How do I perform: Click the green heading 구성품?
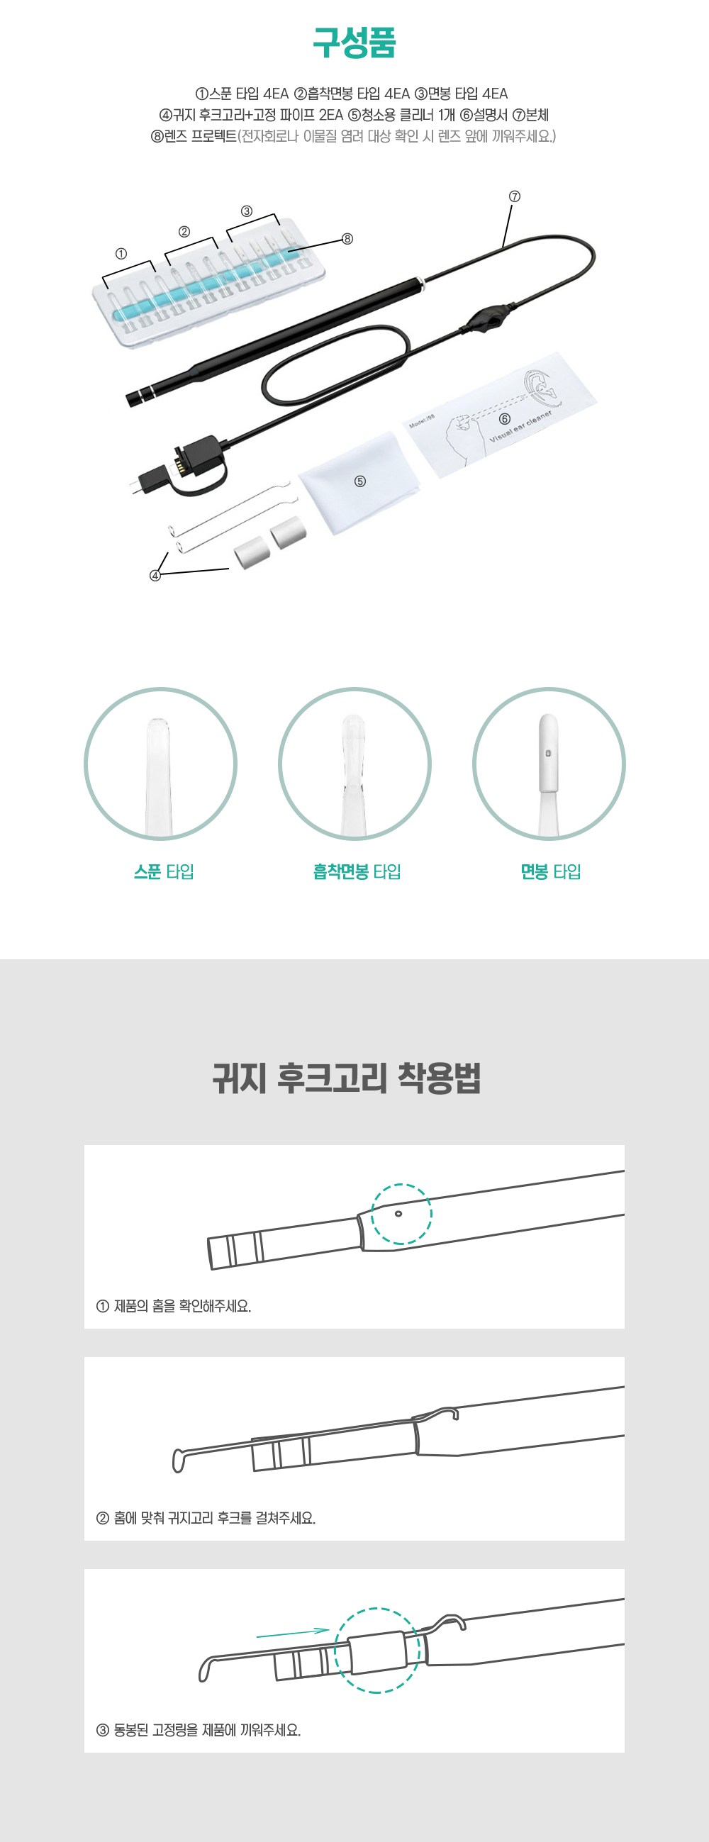tap(354, 43)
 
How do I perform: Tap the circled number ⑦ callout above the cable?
tap(515, 196)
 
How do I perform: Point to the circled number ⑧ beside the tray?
tap(347, 239)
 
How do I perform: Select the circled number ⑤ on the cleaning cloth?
tap(360, 481)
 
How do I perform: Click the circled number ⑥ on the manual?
tap(505, 419)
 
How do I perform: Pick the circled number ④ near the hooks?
tap(155, 576)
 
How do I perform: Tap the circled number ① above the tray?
tap(121, 254)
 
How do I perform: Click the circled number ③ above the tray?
tap(247, 211)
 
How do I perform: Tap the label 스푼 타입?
tap(164, 871)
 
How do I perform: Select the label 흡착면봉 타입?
tap(357, 871)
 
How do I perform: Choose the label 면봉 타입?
tap(550, 871)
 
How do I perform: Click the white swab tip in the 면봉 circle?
tap(548, 752)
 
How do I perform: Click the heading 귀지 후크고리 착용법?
tap(347, 1078)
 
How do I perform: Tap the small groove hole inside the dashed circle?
tap(398, 1213)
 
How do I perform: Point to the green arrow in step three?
tap(292, 1634)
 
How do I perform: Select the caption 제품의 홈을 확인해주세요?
tap(182, 1306)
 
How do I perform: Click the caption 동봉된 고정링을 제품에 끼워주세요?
tap(207, 1730)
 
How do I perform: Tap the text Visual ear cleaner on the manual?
tap(520, 427)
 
